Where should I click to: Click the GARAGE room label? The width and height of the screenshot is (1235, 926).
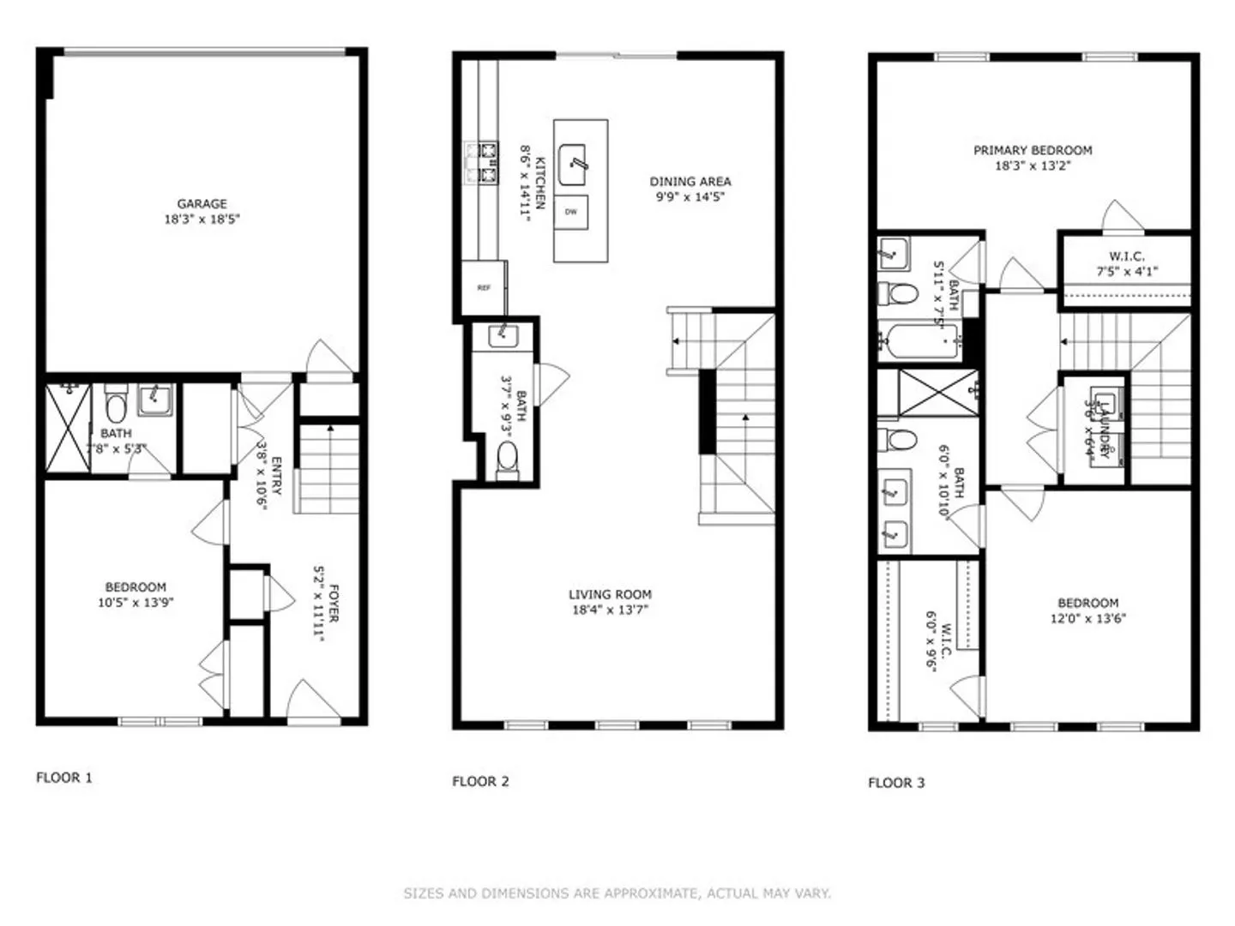click(x=202, y=204)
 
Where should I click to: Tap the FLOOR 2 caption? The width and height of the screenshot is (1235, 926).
click(x=480, y=781)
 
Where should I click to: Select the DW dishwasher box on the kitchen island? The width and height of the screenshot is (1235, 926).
click(x=571, y=212)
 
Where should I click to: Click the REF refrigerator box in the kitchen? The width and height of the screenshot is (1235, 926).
click(x=484, y=288)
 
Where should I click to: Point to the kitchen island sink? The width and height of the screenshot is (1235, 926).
click(x=573, y=165)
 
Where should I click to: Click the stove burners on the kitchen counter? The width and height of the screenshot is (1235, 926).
click(x=483, y=164)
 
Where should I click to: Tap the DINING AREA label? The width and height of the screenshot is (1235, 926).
click(x=690, y=182)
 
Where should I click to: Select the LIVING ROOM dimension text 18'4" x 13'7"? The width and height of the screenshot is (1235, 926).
click(x=610, y=610)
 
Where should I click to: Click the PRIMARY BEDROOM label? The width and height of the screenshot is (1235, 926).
click(x=1033, y=150)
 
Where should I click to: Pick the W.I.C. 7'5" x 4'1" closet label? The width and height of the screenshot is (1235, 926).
click(x=1127, y=264)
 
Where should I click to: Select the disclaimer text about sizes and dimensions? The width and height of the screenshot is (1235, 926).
click(x=617, y=893)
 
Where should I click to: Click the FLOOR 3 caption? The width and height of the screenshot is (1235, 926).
click(x=896, y=782)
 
